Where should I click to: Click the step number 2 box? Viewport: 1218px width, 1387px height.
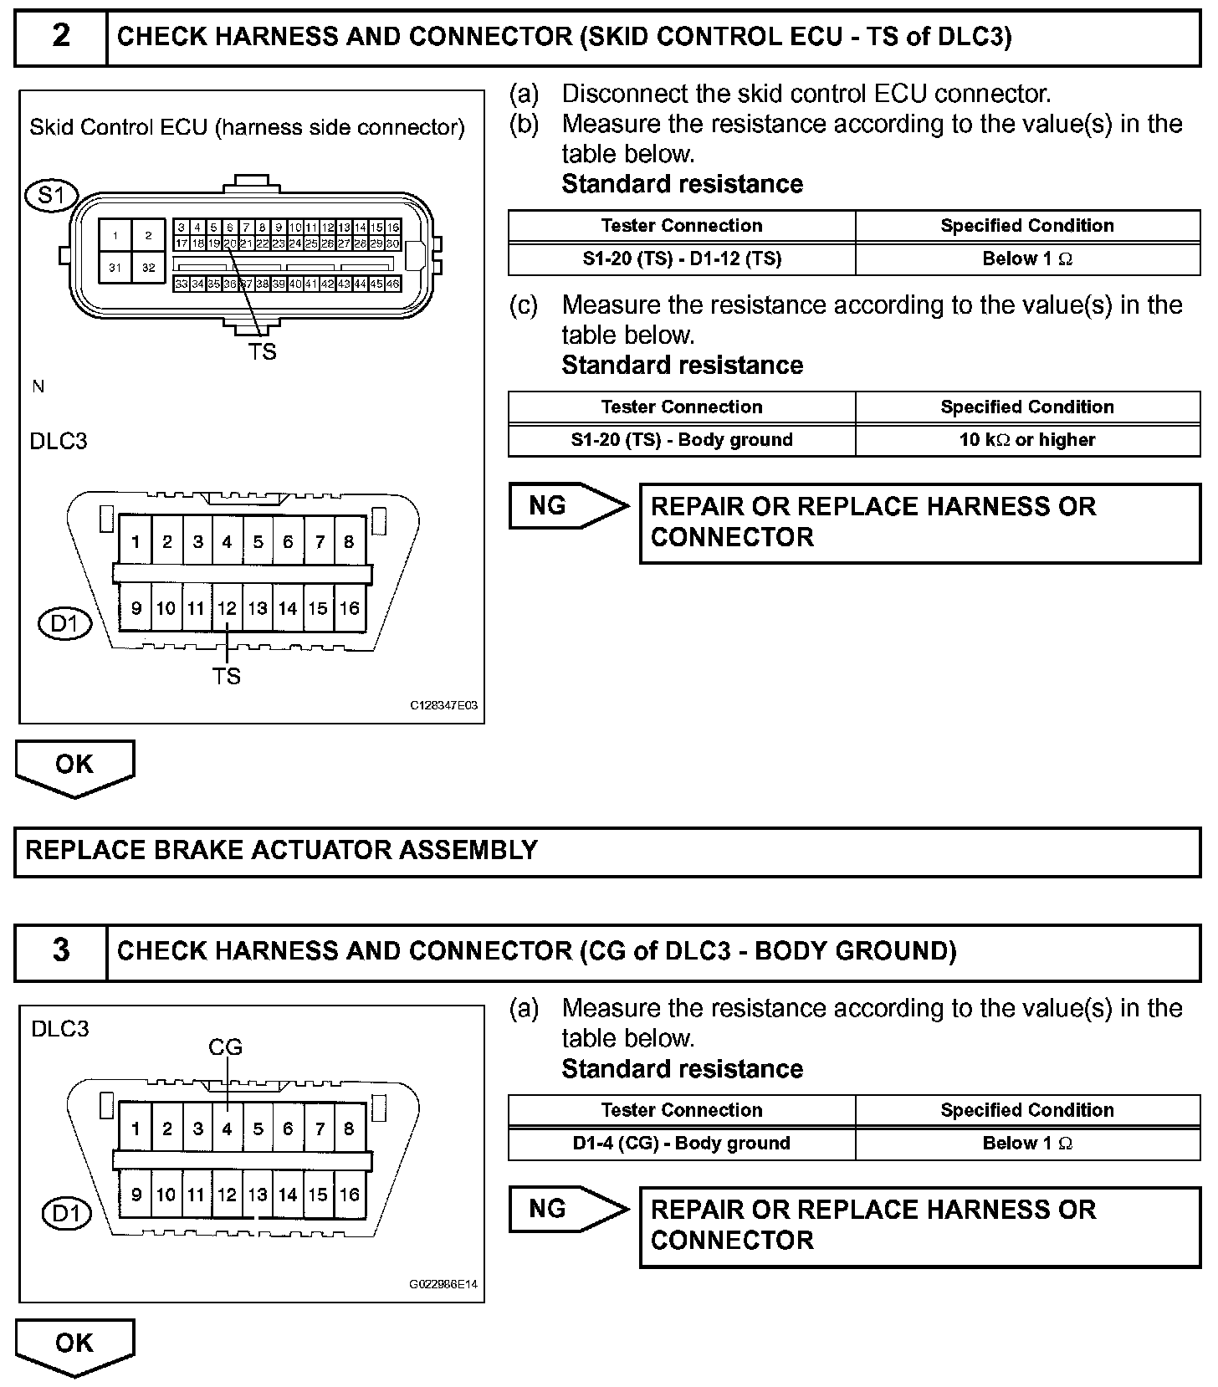(61, 37)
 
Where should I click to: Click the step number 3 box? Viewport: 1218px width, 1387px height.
(61, 951)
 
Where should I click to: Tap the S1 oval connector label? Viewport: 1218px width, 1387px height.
(51, 195)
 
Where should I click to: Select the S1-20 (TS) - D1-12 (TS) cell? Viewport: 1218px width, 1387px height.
(682, 258)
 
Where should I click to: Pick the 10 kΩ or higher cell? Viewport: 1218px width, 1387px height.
(1027, 440)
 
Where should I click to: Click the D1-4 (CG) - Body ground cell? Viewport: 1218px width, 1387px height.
(682, 1144)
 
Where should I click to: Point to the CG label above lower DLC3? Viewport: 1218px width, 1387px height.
(225, 1047)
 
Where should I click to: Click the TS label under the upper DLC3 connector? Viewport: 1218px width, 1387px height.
(226, 675)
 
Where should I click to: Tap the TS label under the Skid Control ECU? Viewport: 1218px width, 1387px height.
(262, 352)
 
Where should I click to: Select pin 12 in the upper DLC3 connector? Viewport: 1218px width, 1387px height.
(227, 608)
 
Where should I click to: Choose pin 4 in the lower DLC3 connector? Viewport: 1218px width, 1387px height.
(227, 1129)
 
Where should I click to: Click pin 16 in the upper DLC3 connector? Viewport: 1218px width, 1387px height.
(349, 608)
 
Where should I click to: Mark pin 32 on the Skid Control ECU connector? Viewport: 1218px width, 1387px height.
(148, 268)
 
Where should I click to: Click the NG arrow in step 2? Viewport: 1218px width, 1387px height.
(567, 505)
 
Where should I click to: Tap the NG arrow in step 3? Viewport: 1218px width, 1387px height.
(567, 1209)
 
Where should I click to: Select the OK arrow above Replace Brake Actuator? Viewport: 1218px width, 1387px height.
(74, 765)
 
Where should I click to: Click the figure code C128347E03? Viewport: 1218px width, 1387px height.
(443, 705)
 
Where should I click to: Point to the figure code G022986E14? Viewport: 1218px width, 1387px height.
(443, 1284)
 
